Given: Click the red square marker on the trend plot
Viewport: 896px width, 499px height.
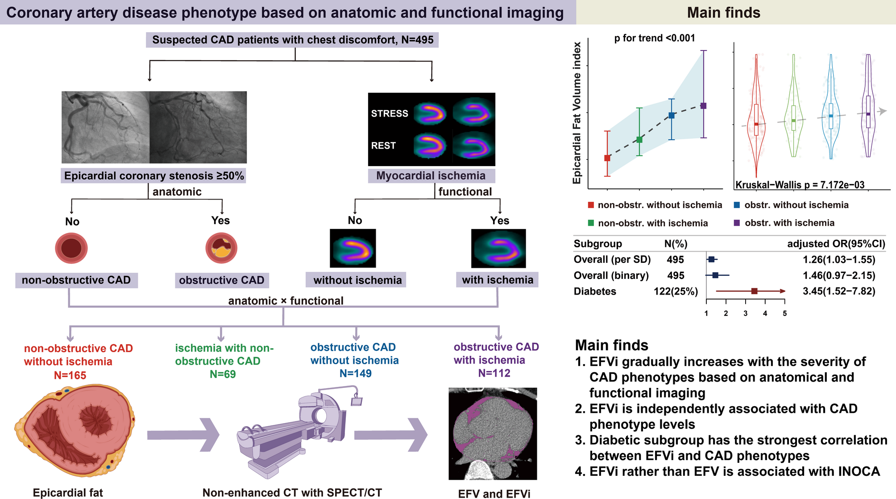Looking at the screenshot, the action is pyautogui.click(x=607, y=158).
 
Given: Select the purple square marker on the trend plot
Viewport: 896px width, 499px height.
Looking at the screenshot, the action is pyautogui.click(x=703, y=106).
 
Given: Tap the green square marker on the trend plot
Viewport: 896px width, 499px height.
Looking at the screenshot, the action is pyautogui.click(x=639, y=140).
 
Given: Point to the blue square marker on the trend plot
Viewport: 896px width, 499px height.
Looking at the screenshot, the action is pyautogui.click(x=672, y=116).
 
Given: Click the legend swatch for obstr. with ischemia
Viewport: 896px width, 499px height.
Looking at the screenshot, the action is pyautogui.click(x=737, y=223).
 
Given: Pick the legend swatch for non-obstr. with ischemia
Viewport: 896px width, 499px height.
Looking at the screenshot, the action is pyautogui.click(x=591, y=223).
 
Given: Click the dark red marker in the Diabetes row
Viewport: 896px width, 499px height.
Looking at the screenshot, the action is pyautogui.click(x=754, y=291).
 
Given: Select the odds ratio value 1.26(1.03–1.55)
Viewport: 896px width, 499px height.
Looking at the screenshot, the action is pyautogui.click(x=839, y=260).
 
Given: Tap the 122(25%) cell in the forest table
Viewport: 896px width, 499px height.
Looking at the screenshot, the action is pyautogui.click(x=676, y=291).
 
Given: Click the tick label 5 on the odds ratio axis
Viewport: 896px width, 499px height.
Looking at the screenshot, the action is pyautogui.click(x=784, y=313).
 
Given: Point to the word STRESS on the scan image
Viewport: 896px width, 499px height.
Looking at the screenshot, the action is pyautogui.click(x=390, y=113).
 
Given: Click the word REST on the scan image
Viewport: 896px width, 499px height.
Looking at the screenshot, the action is pyautogui.click(x=383, y=146).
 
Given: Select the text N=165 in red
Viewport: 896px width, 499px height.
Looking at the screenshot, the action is pyautogui.click(x=70, y=375).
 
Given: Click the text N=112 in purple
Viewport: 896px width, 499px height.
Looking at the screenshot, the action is pyautogui.click(x=494, y=373).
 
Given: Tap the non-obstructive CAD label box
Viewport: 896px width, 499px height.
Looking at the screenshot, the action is pyautogui.click(x=76, y=280).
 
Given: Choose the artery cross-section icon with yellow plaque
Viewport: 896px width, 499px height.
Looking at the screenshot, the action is pyautogui.click(x=221, y=248).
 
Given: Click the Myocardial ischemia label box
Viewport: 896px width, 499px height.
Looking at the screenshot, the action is pyautogui.click(x=431, y=175).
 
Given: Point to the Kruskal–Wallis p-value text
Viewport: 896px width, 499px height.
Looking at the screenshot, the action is pyautogui.click(x=800, y=185).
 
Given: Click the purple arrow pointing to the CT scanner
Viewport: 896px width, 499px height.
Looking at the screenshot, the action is pyautogui.click(x=183, y=435).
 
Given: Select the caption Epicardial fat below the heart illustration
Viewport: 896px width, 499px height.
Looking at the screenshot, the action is pyautogui.click(x=68, y=493).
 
